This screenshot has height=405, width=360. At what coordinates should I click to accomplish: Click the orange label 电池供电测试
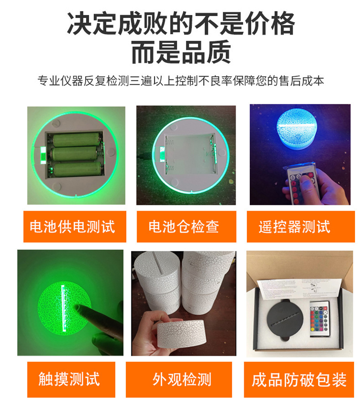pos(75,227)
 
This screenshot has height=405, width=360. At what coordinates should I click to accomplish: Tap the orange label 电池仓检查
pos(186,227)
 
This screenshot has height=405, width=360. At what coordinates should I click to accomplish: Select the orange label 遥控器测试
pos(301,227)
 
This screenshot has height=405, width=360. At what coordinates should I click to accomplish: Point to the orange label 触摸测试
pos(71,379)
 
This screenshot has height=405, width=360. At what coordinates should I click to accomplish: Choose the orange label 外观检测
pos(179,379)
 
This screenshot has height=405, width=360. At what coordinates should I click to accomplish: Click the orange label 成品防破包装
pos(299,379)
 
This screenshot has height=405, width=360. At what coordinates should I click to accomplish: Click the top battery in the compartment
pos(77,140)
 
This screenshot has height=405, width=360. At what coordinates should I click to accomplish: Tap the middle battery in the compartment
pos(75,154)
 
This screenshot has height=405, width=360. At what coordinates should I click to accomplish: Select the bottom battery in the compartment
pos(77,169)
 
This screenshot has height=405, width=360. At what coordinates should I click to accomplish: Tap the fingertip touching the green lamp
pos(78,307)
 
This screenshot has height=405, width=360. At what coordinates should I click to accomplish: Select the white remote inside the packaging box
pos(320,319)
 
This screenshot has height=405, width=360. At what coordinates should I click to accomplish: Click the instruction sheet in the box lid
pos(299,289)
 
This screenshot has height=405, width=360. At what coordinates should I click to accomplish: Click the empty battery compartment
pos(190,153)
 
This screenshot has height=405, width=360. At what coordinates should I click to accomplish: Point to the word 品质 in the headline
pos(206,52)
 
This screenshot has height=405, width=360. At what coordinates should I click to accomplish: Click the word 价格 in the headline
pos(270,24)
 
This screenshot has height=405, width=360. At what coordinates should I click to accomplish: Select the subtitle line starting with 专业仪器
pos(180,81)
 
